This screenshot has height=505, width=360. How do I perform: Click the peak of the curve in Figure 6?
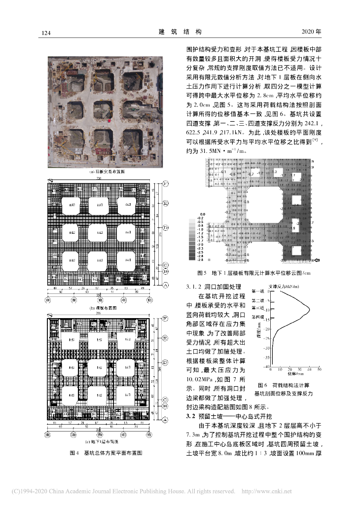309,309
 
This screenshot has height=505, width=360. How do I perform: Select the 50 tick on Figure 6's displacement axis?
319,369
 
